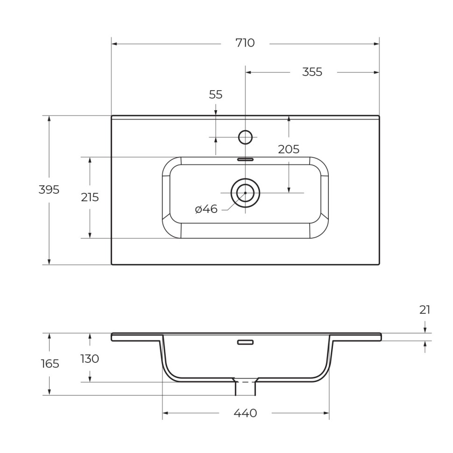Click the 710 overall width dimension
point(245,43)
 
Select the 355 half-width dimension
point(312,72)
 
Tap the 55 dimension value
point(215,95)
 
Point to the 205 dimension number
point(289,149)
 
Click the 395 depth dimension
point(49,190)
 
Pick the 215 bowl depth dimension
point(90,197)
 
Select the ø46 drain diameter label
point(206,209)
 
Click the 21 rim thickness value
point(425,310)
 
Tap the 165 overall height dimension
point(50,363)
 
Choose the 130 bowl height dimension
point(90,359)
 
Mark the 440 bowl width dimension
point(245,413)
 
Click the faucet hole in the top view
point(245,137)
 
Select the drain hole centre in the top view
point(245,192)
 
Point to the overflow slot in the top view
point(245,159)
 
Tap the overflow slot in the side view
point(245,342)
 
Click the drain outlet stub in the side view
point(245,388)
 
